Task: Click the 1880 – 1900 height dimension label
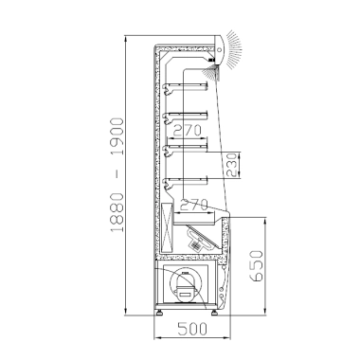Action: pyautogui.click(x=117, y=174)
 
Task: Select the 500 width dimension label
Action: pyautogui.click(x=192, y=329)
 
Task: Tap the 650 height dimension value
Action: pyautogui.click(x=256, y=266)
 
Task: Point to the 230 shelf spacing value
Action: pyautogui.click(x=232, y=165)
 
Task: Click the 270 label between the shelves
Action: pyautogui.click(x=188, y=131)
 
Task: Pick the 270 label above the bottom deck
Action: pyautogui.click(x=194, y=205)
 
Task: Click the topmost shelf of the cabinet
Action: pyautogui.click(x=185, y=87)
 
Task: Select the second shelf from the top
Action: pyautogui.click(x=185, y=117)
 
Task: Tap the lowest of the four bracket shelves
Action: pyautogui.click(x=185, y=182)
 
